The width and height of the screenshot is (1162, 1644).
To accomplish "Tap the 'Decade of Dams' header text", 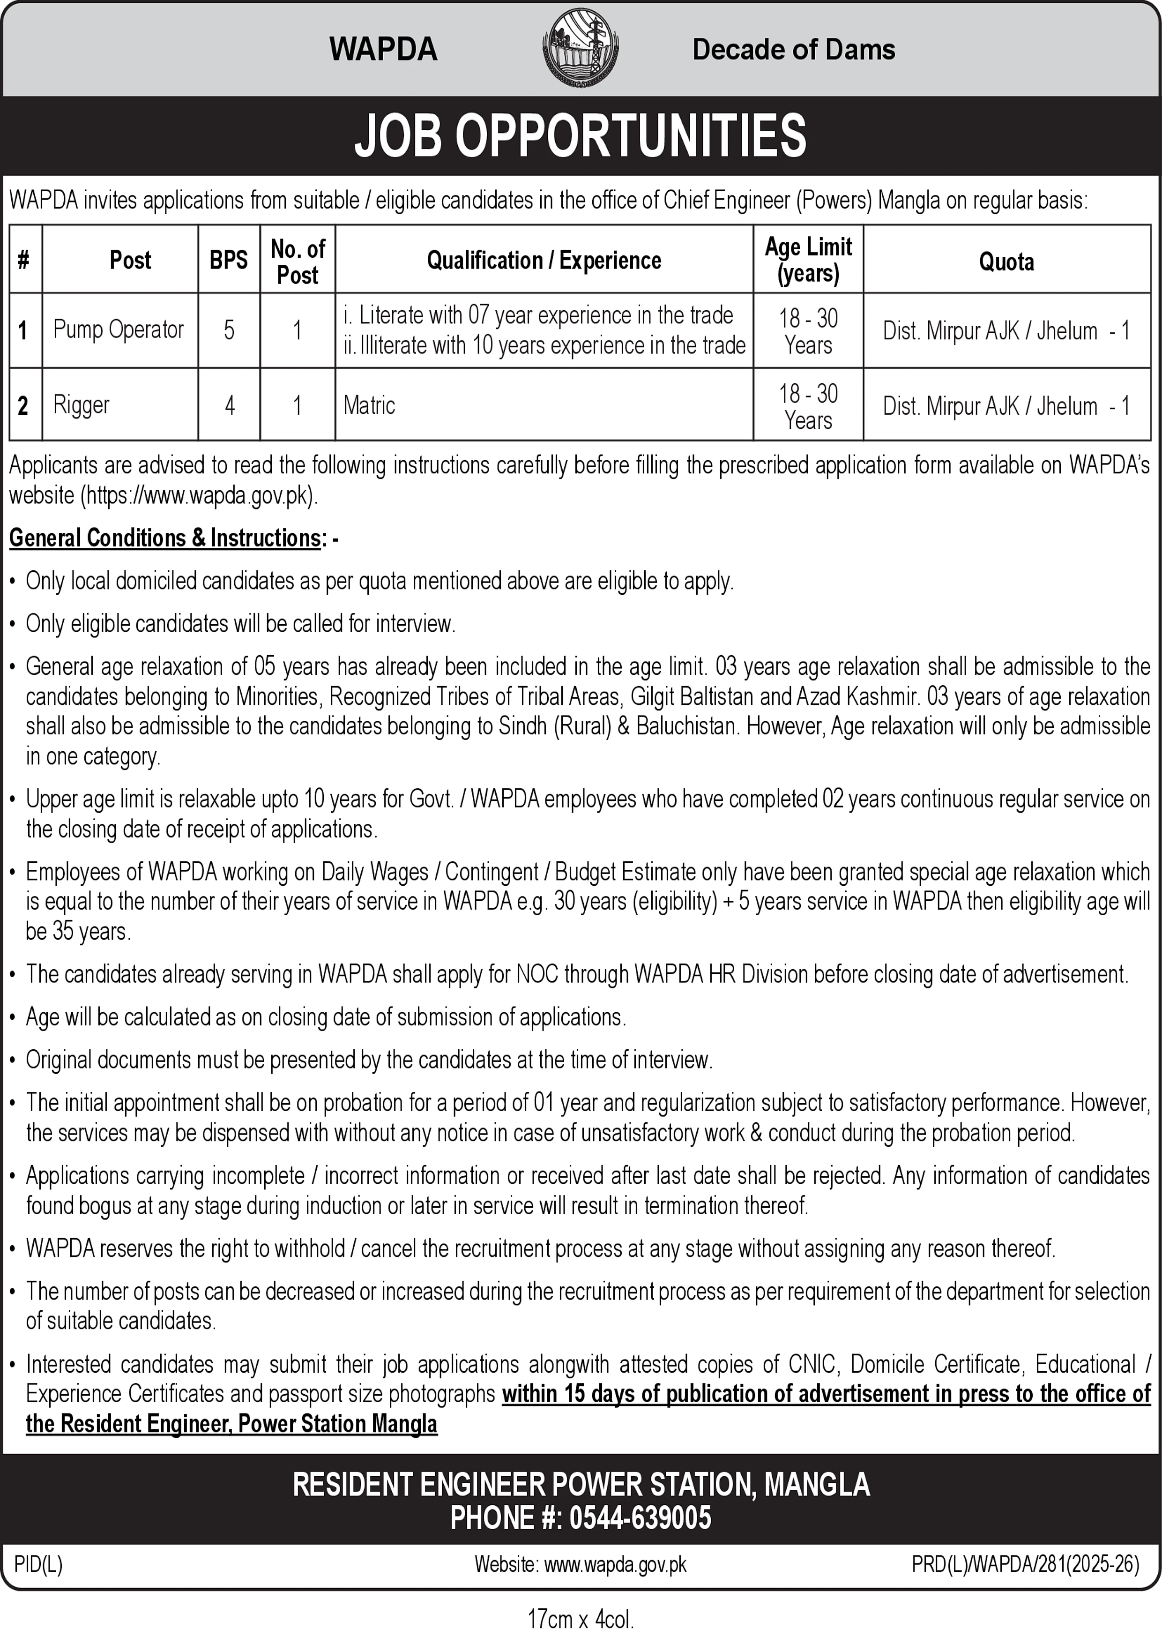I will pyautogui.click(x=793, y=49).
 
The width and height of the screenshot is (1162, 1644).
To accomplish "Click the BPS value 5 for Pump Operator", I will pyautogui.click(x=229, y=330).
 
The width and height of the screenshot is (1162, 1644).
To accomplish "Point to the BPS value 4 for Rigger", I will pyautogui.click(x=229, y=405).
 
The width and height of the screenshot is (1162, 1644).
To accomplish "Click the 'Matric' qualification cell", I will pyautogui.click(x=369, y=405).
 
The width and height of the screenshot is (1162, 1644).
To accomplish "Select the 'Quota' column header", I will pyautogui.click(x=1006, y=262).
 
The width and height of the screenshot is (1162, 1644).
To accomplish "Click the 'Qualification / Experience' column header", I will pyautogui.click(x=544, y=260).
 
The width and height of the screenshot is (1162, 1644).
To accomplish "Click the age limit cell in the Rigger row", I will pyautogui.click(x=808, y=405).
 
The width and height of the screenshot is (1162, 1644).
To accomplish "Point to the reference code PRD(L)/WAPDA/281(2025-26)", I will pyautogui.click(x=1025, y=1564).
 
